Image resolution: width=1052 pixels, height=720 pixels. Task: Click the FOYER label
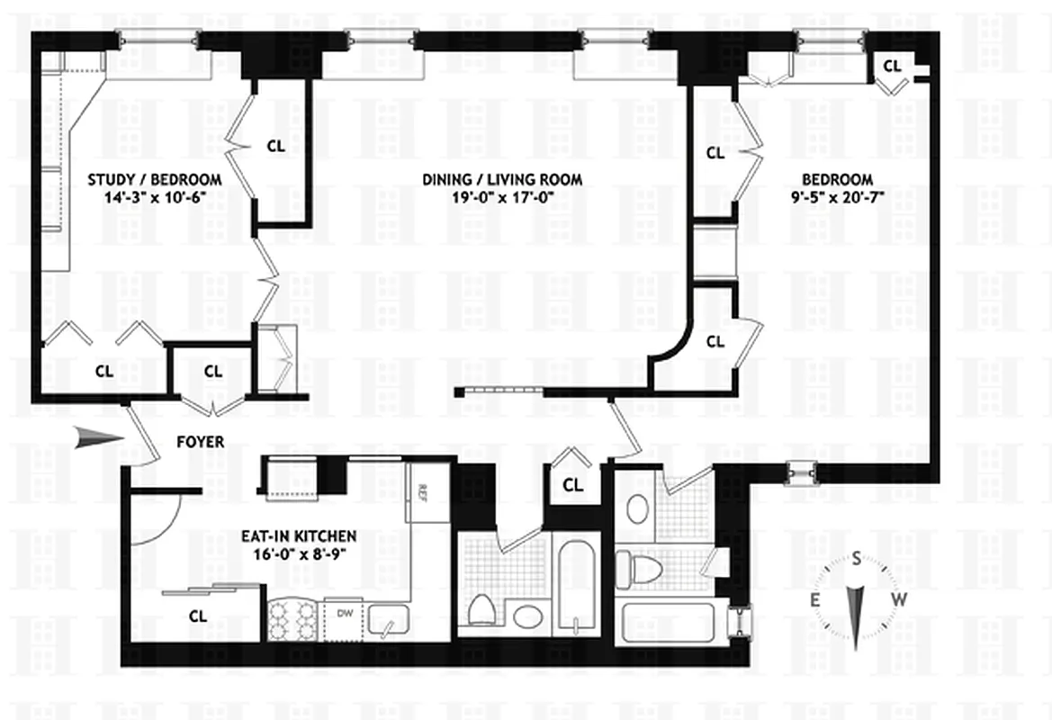pos(200,442)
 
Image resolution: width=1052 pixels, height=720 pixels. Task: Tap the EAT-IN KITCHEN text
pos(298,536)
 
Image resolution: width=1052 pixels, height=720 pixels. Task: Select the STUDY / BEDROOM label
pos(155,180)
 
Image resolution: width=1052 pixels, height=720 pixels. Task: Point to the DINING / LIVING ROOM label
pos(502,180)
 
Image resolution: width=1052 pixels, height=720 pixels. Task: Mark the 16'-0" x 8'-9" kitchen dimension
pos(298,555)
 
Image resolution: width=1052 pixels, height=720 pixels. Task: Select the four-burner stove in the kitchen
pos(294,619)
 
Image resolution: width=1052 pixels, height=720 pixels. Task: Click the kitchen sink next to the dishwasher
pos(388,620)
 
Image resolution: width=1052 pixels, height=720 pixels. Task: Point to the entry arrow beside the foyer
pos(99,438)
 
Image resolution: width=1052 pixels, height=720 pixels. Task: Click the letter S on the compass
pos(855,560)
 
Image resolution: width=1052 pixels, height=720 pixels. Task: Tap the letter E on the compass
pos(815,600)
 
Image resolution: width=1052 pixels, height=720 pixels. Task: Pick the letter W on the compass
pos(897,600)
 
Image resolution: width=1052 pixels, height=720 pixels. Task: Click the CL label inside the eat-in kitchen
pos(198,616)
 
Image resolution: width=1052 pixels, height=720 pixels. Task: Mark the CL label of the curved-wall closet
pos(715,342)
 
